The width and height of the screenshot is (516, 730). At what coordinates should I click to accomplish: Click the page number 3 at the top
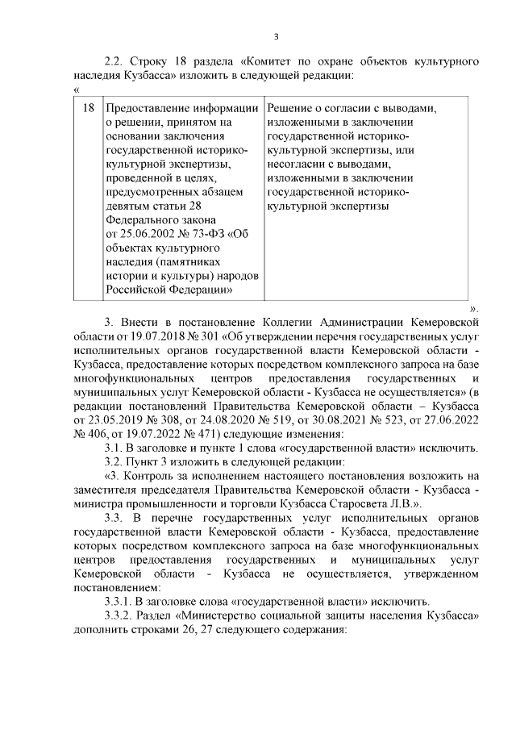point(277,36)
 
